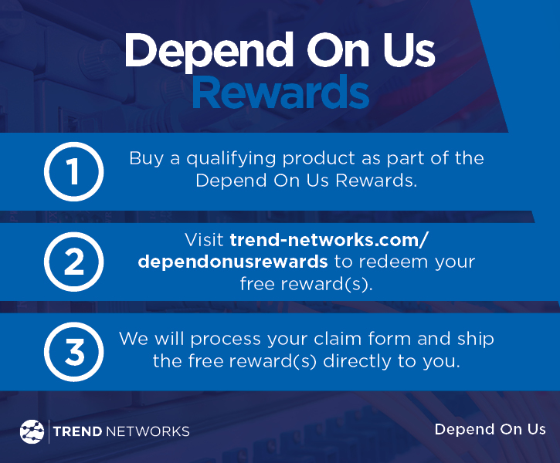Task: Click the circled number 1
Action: (73, 171)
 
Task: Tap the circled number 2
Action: (73, 262)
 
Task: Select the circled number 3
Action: (73, 351)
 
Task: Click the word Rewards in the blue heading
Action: (280, 93)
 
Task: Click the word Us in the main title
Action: (408, 51)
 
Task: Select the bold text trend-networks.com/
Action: (328, 239)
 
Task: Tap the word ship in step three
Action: (477, 339)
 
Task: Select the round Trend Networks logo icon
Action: (32, 431)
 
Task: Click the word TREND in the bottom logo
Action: (78, 431)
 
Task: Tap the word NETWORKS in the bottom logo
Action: (149, 431)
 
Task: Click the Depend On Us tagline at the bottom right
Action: (490, 429)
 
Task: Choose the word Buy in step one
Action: (144, 159)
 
